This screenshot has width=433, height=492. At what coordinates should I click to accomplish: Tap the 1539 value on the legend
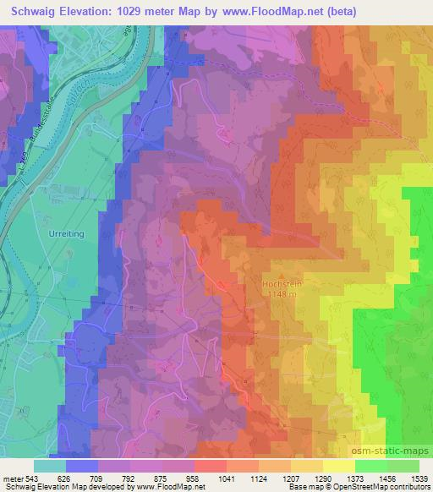[419, 477]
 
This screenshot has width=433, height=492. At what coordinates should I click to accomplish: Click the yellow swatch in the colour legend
[339, 465]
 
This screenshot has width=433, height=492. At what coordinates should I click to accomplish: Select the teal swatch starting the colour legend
[50, 465]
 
